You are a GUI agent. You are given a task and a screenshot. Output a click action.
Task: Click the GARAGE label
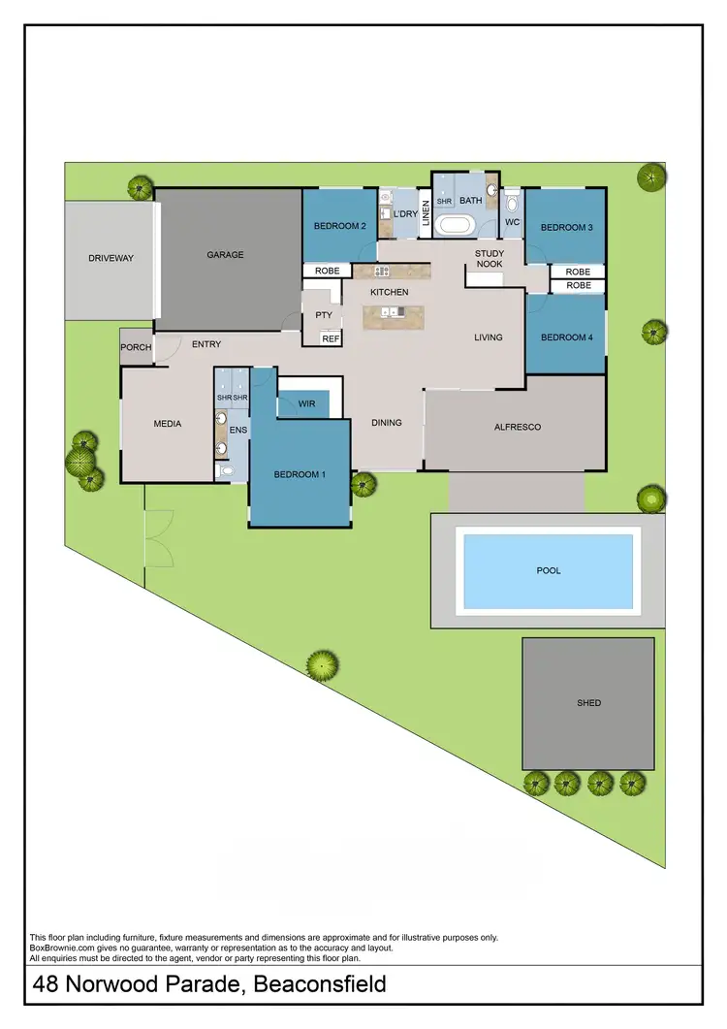coord(225,255)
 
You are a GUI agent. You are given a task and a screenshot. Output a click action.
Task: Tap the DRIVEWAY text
coord(111,258)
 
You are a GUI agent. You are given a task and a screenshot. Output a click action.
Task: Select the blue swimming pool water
coord(549,571)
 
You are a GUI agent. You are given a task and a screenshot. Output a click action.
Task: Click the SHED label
coord(588,703)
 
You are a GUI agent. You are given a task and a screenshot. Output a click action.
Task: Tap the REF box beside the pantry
coord(331,338)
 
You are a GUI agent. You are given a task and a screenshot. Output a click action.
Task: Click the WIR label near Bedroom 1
coord(307,402)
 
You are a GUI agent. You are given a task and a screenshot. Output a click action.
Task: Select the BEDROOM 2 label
coord(339,227)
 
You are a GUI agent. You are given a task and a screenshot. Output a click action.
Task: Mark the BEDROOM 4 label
coord(566,338)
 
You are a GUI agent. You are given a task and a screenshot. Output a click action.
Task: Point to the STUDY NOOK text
coord(490,259)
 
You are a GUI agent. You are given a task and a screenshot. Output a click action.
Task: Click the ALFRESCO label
coord(518,427)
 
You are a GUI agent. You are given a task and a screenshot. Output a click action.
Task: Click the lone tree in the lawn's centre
coord(321,665)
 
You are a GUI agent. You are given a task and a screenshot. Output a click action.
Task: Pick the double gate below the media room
coord(155,538)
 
